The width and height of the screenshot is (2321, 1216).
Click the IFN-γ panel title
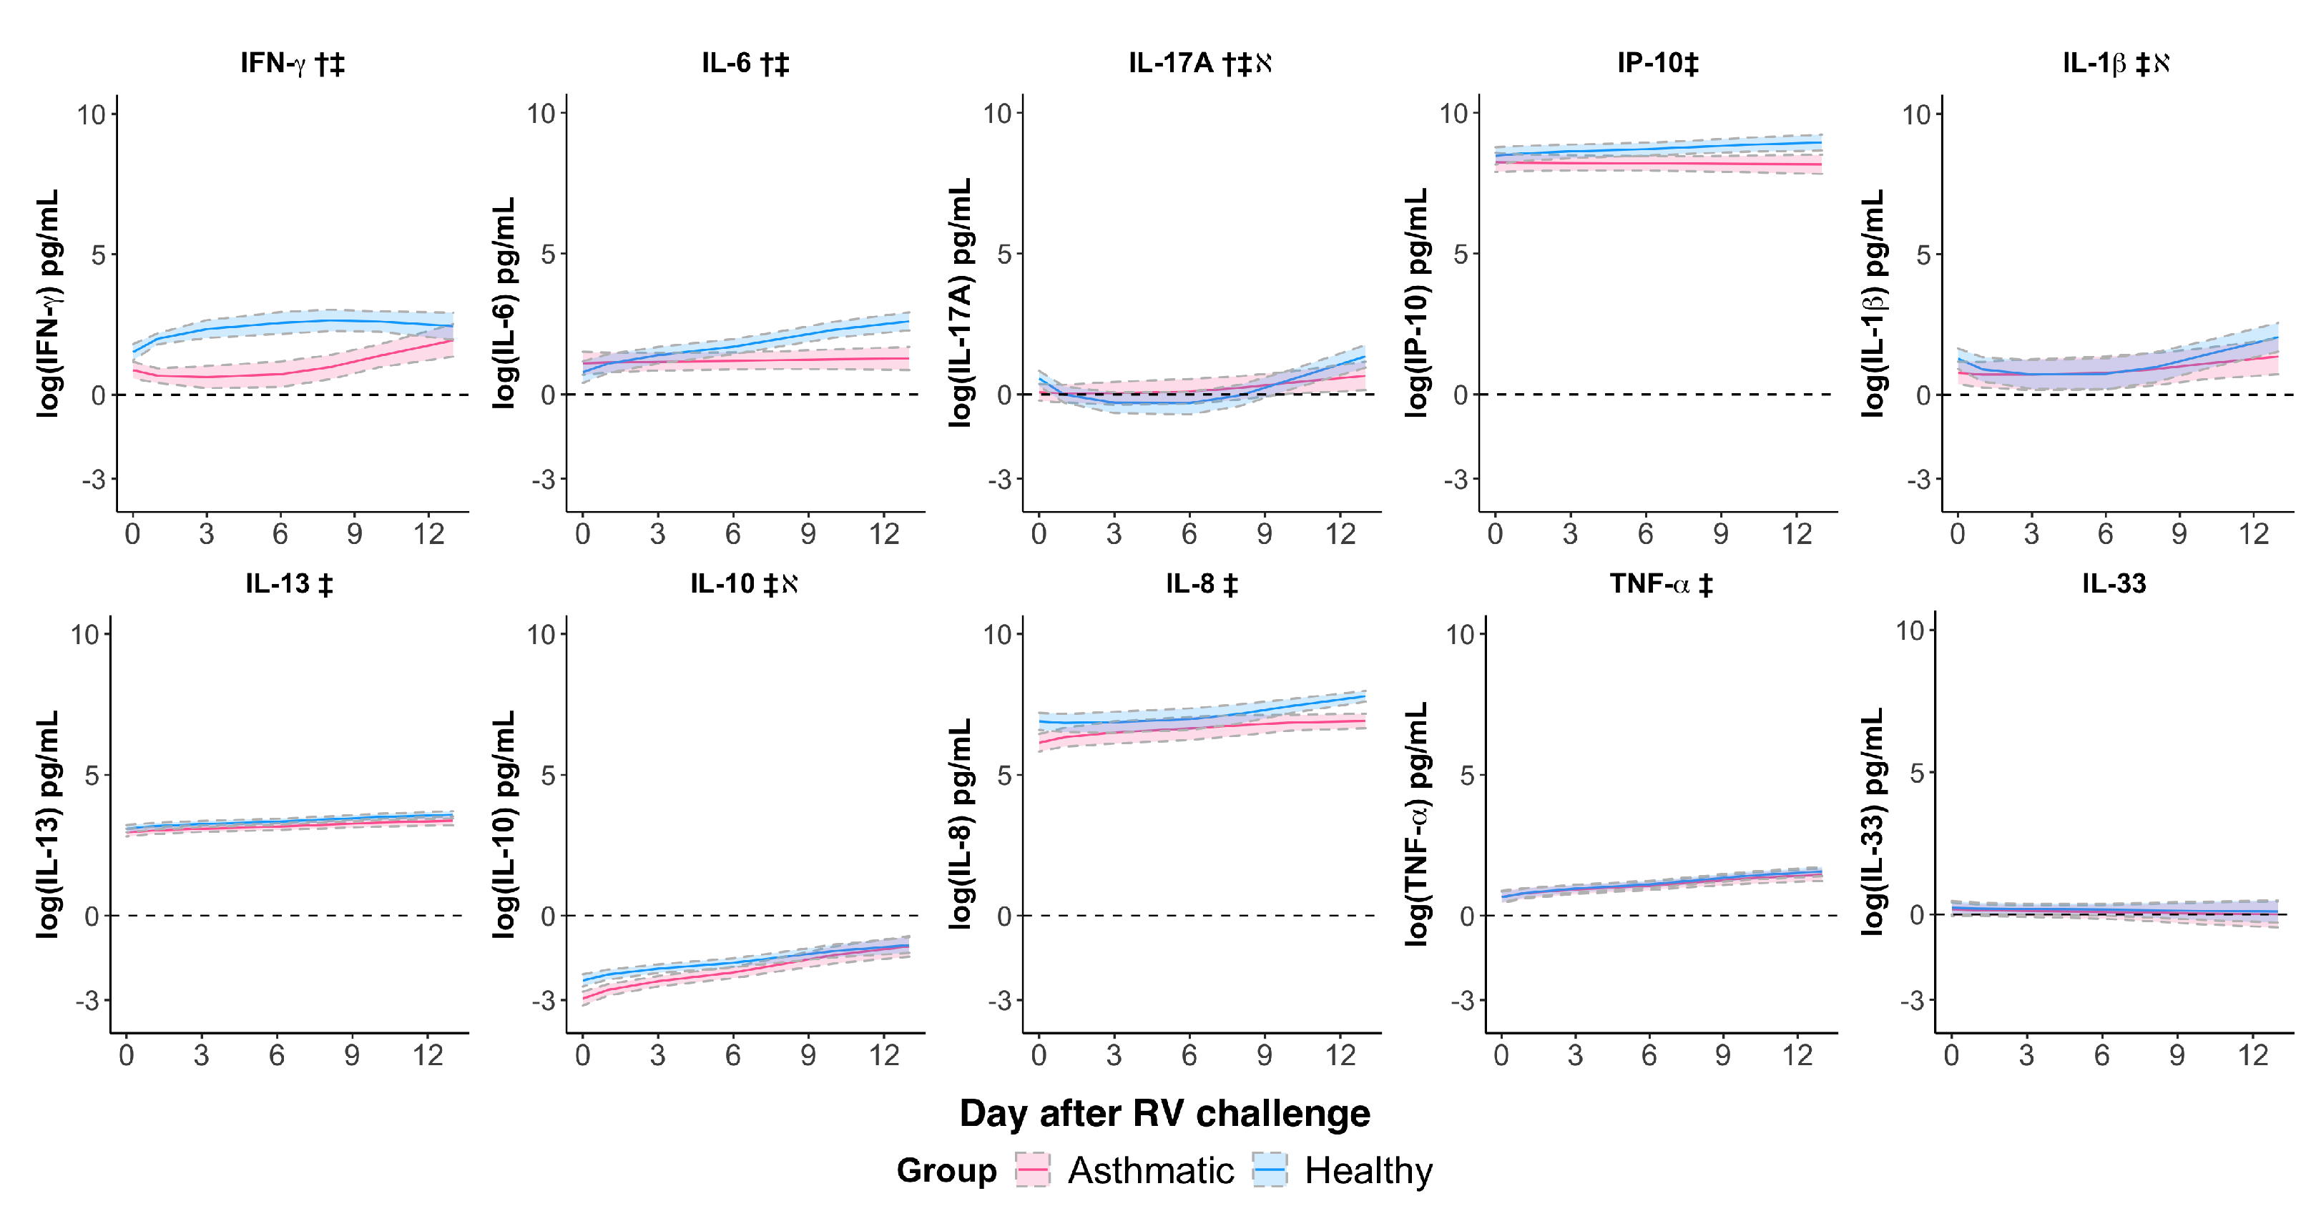[292, 63]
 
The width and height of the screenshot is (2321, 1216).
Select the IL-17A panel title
[1199, 63]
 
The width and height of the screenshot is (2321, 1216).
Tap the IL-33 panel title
[2114, 583]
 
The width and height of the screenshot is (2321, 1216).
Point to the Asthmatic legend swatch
[1033, 1170]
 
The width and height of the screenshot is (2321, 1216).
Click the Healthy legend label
[1368, 1170]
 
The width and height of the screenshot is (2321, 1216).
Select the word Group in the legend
[946, 1170]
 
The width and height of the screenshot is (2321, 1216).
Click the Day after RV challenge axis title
[1164, 1113]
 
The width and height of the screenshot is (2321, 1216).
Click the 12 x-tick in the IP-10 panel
[1797, 534]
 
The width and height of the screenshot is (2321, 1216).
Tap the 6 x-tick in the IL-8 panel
[1189, 1054]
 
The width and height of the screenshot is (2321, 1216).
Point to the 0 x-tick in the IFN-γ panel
[132, 534]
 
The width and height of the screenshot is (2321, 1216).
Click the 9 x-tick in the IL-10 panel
[808, 1054]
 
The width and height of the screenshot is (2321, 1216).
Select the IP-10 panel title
[1657, 63]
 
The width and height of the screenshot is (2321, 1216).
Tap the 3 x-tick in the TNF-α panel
[1575, 1054]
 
